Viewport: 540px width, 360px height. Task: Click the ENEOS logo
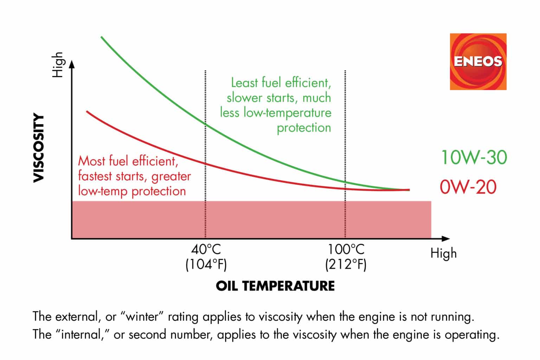(478, 62)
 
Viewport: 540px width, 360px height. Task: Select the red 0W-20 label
(468, 186)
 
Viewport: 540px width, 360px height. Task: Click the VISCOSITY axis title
(39, 148)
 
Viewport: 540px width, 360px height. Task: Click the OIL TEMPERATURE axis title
(275, 286)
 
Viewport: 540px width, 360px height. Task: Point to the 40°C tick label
(206, 250)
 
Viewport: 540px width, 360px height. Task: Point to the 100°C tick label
(346, 250)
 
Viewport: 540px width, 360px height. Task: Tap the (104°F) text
(206, 264)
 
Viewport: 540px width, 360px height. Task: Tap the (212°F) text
(346, 264)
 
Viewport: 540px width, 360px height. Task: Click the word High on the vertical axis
(58, 65)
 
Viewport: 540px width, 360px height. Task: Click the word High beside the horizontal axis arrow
(443, 253)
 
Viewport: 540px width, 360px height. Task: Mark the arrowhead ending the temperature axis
(446, 239)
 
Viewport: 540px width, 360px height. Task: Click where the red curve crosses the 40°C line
(205, 163)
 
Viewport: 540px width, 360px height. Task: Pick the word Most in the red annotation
(92, 161)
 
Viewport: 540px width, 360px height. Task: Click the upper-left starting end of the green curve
(102, 37)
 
